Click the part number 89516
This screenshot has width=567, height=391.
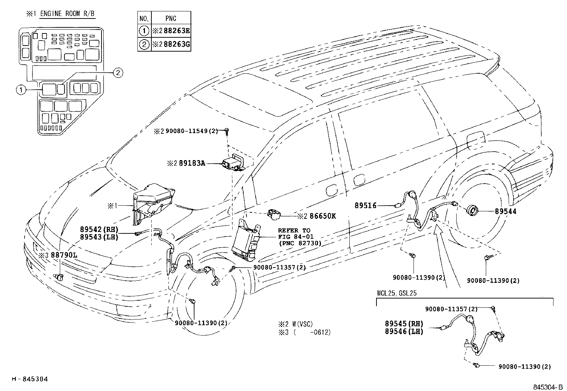coord(365,206)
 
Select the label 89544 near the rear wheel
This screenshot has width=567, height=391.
coord(505,211)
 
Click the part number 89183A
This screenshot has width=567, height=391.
coord(192,163)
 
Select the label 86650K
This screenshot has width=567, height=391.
coord(322,216)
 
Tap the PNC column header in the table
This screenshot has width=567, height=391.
coord(171,18)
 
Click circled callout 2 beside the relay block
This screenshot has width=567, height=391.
coord(118,73)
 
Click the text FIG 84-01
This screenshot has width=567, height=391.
coord(296,237)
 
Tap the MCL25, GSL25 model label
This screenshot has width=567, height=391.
coord(397,294)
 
